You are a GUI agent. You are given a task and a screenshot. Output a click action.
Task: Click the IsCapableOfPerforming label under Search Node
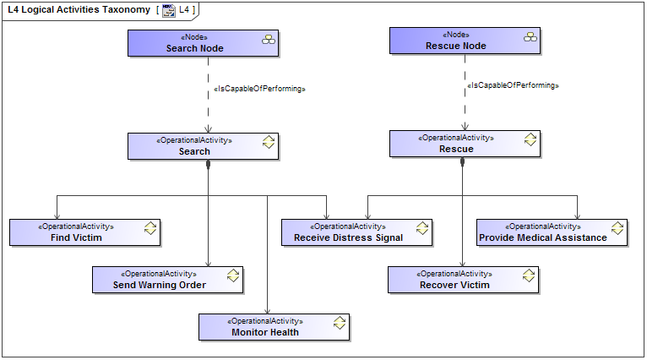[259, 89]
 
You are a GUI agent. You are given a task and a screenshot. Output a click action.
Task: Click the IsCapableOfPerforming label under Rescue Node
[513, 85]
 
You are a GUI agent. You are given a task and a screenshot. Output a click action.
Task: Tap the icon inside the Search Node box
[269, 39]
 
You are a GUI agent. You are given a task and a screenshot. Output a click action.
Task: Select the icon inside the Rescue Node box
[530, 35]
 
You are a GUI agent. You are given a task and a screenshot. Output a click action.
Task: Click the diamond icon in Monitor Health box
[340, 323]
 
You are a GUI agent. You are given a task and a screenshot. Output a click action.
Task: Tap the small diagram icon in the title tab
[169, 10]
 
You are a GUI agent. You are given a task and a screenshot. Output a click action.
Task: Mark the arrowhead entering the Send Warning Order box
[209, 263]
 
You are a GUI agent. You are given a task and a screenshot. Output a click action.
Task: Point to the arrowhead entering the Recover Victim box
[462, 263]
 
